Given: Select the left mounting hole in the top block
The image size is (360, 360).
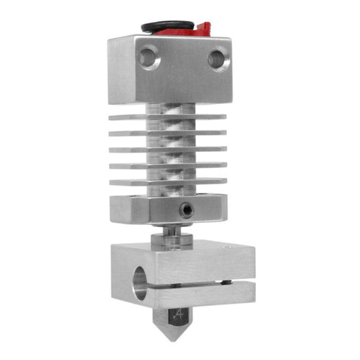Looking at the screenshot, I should (x=148, y=57).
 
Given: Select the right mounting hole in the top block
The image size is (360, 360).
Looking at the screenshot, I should (x=219, y=58).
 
